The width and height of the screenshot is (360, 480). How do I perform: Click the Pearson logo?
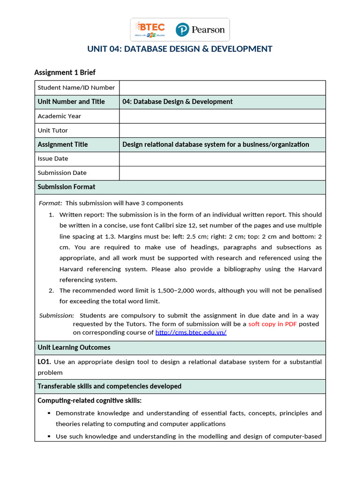pyautogui.click(x=200, y=30)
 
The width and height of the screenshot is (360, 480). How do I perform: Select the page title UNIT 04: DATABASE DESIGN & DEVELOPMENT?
pyautogui.click(x=180, y=49)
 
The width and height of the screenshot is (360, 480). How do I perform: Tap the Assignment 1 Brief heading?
pyautogui.click(x=65, y=72)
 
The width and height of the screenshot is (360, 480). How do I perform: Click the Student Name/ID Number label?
pyautogui.click(x=76, y=88)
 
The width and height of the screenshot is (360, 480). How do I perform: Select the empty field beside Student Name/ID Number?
pyautogui.click(x=222, y=88)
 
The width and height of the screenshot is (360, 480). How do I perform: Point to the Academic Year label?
pyautogui.click(x=59, y=116)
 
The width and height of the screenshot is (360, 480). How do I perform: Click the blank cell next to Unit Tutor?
pyautogui.click(x=222, y=130)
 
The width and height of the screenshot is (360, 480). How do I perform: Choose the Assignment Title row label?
pyautogui.click(x=62, y=144)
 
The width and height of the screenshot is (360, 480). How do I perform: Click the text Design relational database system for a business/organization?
pyautogui.click(x=216, y=144)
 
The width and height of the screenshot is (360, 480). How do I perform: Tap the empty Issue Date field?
pyautogui.click(x=222, y=158)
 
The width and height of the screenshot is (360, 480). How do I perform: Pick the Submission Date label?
pyautogui.click(x=62, y=172)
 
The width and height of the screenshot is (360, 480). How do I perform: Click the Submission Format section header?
pyautogui.click(x=66, y=187)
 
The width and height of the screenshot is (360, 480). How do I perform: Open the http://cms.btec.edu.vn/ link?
pyautogui.click(x=191, y=332)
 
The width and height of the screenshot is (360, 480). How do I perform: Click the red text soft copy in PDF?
pyautogui.click(x=272, y=324)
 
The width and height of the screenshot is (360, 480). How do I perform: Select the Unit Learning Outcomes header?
pyautogui.click(x=74, y=347)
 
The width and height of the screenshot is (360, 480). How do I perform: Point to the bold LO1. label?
pyautogui.click(x=44, y=362)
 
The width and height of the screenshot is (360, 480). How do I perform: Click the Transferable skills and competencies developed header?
pyautogui.click(x=109, y=386)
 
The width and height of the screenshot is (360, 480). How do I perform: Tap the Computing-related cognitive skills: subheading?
pyautogui.click(x=89, y=401)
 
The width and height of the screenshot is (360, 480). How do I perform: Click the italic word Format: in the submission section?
pyautogui.click(x=50, y=203)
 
